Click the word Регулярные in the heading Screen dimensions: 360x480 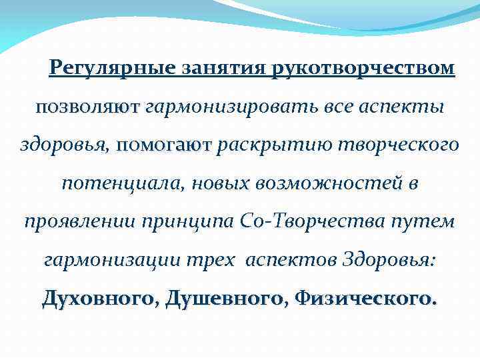point(109,69)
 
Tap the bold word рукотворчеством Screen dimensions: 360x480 point(363,69)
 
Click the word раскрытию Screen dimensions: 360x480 point(265,145)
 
